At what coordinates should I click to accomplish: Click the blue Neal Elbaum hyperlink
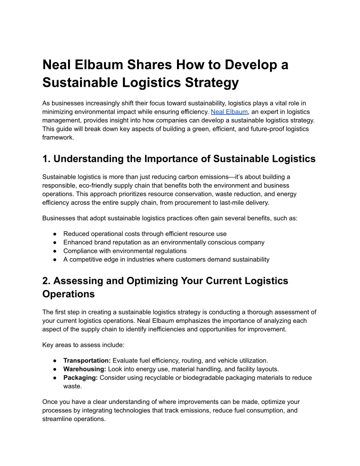228,111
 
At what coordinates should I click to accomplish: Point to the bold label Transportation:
87,360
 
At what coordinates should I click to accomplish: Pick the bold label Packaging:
81,378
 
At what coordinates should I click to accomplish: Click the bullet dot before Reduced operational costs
53,234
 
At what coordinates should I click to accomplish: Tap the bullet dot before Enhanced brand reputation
53,242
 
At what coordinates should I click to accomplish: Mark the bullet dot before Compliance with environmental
53,251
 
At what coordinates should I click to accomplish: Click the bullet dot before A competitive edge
53,259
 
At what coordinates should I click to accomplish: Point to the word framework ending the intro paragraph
58,138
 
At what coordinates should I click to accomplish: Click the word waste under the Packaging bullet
73,386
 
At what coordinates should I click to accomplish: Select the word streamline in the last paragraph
58,419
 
